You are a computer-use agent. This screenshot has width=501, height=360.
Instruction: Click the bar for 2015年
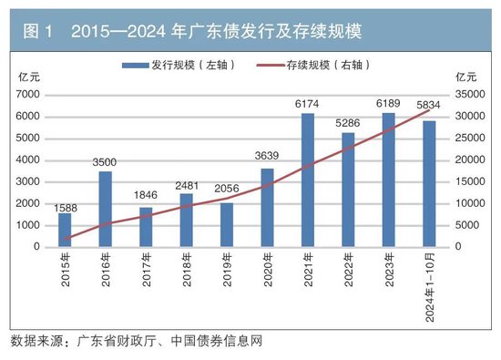(x=65, y=230)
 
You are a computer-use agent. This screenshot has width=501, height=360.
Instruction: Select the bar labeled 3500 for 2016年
(x=105, y=209)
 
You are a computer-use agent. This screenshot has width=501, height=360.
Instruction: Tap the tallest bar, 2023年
(x=388, y=180)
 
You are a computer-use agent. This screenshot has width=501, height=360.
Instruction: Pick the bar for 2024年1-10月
(x=428, y=183)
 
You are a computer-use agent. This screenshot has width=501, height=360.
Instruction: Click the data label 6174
(x=307, y=105)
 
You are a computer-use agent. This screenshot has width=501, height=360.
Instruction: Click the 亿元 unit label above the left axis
(x=27, y=76)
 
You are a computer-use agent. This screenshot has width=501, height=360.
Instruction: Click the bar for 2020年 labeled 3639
(x=267, y=208)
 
